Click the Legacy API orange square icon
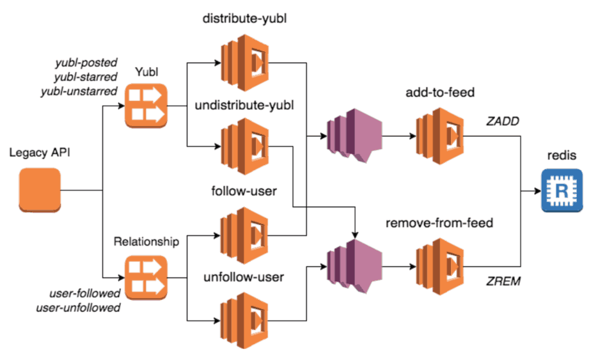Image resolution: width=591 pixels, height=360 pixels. coord(40,190)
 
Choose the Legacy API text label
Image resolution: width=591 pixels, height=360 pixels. coord(40,153)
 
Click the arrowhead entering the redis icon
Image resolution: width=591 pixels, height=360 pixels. coord(535,191)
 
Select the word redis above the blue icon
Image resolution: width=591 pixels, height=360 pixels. coord(562,156)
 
